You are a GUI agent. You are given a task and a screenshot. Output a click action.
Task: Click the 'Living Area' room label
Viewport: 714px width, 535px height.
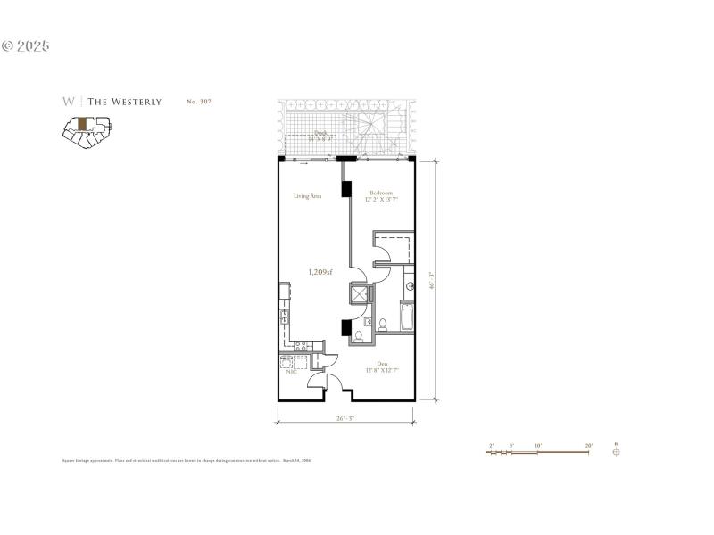coord(308,196)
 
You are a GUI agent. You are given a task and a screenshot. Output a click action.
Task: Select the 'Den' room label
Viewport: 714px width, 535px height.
coord(382,363)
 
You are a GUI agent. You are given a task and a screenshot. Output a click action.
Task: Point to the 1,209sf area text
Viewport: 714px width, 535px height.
coord(320,272)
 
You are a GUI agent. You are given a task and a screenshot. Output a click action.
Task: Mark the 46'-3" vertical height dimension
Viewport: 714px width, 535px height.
coord(432,281)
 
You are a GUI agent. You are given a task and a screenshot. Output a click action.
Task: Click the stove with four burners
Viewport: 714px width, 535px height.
coord(302,346)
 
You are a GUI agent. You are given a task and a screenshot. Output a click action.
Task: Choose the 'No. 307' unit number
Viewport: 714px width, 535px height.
coord(198,102)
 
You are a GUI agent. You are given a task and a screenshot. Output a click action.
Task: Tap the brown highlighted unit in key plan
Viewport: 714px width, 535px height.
coord(82,124)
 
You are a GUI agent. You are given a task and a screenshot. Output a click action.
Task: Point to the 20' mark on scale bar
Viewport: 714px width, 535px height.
coord(588,444)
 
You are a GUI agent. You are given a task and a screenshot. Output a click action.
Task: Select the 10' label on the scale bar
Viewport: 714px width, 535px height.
coord(538,444)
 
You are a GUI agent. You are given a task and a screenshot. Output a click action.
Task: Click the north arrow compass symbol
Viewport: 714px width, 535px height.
coord(616,451)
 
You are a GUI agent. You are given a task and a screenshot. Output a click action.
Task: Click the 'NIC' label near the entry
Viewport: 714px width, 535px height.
coord(290,373)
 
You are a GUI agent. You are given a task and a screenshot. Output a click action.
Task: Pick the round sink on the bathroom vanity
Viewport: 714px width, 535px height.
coord(409,287)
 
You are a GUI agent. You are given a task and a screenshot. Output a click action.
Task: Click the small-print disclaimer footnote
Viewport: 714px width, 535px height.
coord(186,461)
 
